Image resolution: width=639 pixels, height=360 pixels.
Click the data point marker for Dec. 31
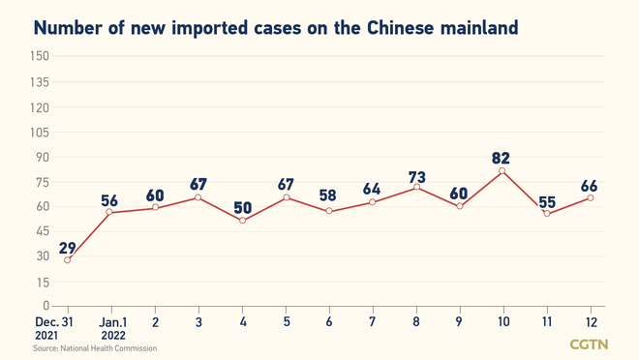(68, 259)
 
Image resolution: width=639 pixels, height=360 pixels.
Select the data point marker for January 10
(502, 171)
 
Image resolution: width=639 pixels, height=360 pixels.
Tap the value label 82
(501, 158)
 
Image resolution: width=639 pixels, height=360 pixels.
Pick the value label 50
(241, 207)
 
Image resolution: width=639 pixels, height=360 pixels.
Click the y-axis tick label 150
(40, 56)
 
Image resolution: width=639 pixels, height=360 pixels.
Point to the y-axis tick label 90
(43, 157)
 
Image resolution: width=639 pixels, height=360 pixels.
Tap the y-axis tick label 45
(43, 231)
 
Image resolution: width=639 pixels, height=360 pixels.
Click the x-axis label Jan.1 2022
(111, 329)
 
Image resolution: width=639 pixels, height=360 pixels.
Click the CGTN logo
(588, 345)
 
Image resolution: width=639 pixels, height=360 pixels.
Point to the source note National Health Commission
(94, 347)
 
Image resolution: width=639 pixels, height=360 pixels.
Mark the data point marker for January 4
(242, 221)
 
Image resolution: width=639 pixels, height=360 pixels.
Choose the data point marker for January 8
(415, 186)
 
